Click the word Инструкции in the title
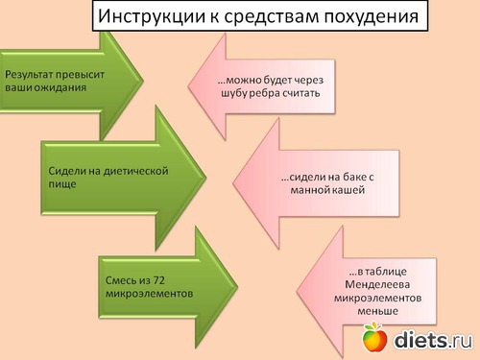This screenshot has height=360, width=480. pyautogui.click(x=152, y=16)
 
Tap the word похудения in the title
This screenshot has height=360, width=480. pyautogui.click(x=372, y=17)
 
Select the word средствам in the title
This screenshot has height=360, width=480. pyautogui.click(x=272, y=17)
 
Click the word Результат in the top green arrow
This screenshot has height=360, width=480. pyautogui.click(x=29, y=75)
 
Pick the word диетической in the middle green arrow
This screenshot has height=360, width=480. pyautogui.click(x=135, y=172)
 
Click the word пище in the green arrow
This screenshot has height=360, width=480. pyautogui.click(x=62, y=184)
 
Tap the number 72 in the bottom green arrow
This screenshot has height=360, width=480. pyautogui.click(x=158, y=280)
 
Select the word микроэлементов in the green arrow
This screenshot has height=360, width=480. pyautogui.click(x=149, y=294)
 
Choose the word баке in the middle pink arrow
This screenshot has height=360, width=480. pyautogui.click(x=354, y=177)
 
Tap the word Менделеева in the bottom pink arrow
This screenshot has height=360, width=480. pyautogui.click(x=377, y=284)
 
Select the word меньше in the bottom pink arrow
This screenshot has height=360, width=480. pyautogui.click(x=377, y=311)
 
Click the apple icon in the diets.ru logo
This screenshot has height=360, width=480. pyautogui.click(x=374, y=338)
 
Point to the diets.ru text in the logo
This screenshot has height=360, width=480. pyautogui.click(x=433, y=340)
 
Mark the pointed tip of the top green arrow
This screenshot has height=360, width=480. pyautogui.click(x=143, y=80)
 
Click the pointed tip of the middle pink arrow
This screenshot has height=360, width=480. pyautogui.click(x=233, y=183)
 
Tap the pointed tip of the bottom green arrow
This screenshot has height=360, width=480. pyautogui.click(x=237, y=287)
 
